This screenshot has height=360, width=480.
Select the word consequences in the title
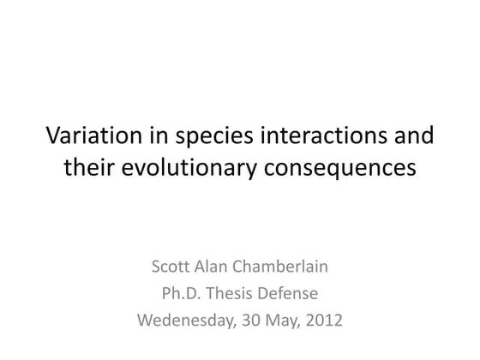coord(345,169)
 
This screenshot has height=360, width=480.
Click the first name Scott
coord(171,267)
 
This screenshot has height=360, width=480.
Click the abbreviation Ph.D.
coord(181,294)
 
